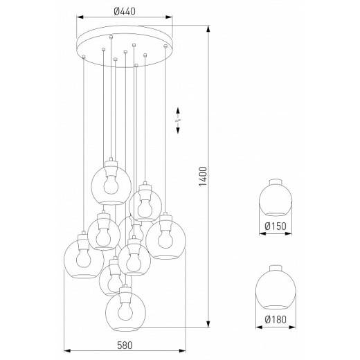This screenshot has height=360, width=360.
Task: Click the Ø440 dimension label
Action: point(125,10)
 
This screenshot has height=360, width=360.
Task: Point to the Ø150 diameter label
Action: point(276,225)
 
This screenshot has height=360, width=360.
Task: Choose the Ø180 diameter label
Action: point(276,319)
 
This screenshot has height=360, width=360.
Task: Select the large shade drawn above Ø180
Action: point(276,287)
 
